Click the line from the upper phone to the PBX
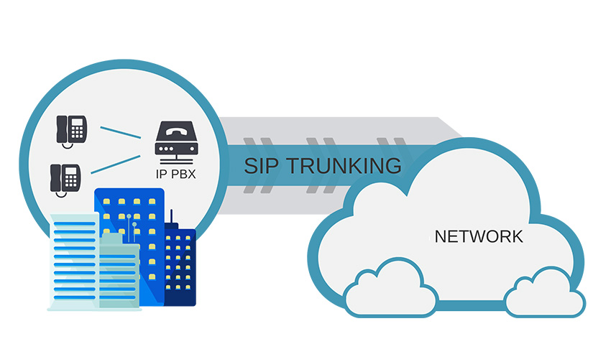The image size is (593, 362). [120, 133]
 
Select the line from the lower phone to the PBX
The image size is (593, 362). [116, 164]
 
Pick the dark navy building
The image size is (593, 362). [180, 266]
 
